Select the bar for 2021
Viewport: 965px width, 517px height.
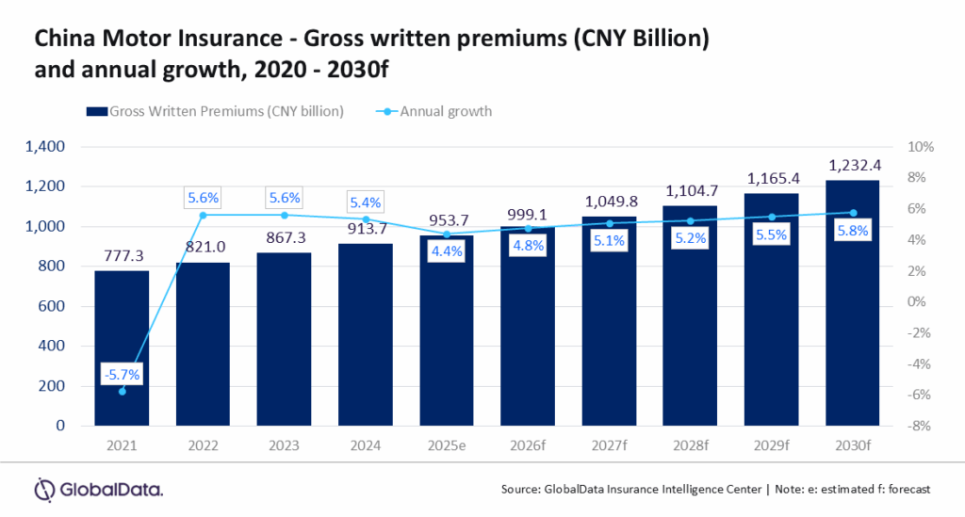point(122,347)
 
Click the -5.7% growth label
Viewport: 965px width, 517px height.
point(123,374)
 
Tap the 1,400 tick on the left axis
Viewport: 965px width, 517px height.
point(45,147)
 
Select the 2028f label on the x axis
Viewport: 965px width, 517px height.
point(691,444)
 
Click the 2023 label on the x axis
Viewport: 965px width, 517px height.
point(285,444)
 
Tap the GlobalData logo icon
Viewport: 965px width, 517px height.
point(45,490)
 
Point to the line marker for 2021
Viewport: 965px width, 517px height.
point(122,391)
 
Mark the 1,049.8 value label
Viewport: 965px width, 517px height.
point(610,201)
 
